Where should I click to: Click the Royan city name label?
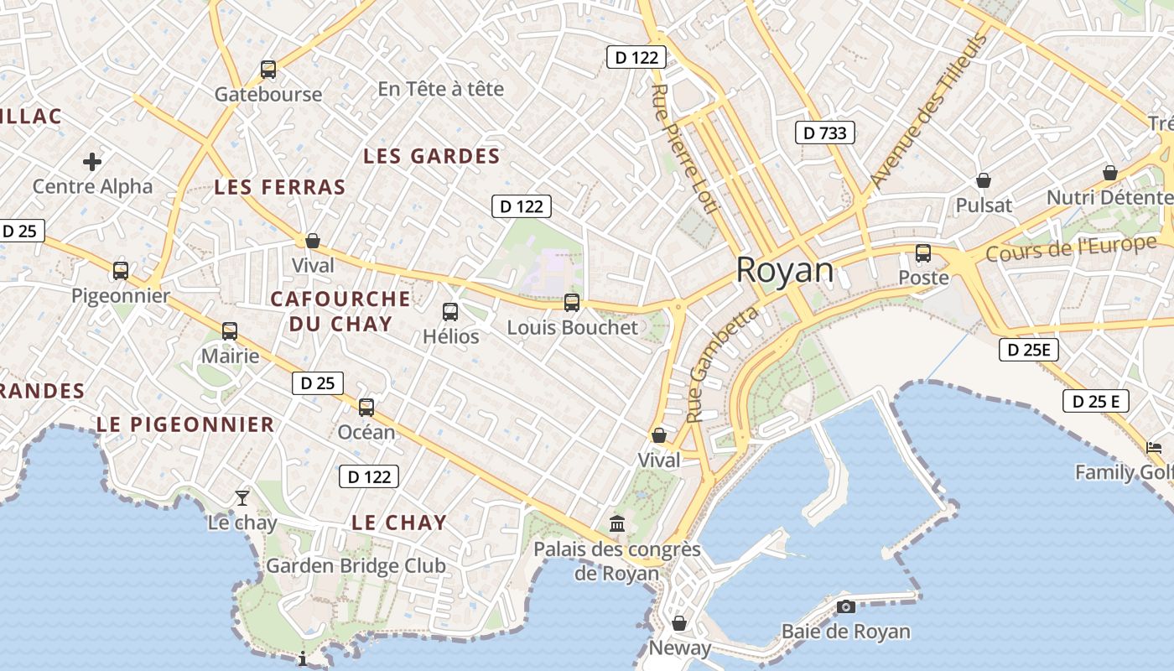(x=785, y=271)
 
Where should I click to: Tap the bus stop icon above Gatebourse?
(x=268, y=70)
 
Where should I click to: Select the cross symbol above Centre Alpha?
(x=92, y=161)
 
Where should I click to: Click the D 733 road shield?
(x=824, y=133)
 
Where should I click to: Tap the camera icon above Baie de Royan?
(x=846, y=606)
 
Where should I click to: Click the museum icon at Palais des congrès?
(x=617, y=523)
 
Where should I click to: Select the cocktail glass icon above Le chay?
(x=242, y=497)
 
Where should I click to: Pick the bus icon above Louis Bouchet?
(x=572, y=303)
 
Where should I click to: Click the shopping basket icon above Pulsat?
(x=984, y=180)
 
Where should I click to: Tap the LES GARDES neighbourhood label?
(x=431, y=156)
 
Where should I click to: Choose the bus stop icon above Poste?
(x=923, y=252)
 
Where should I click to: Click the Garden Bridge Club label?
(x=356, y=566)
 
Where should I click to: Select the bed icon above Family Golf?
(x=1155, y=448)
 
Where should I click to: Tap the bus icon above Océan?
(x=366, y=408)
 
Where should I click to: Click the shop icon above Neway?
(x=679, y=623)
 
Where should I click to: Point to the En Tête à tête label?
(x=440, y=89)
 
